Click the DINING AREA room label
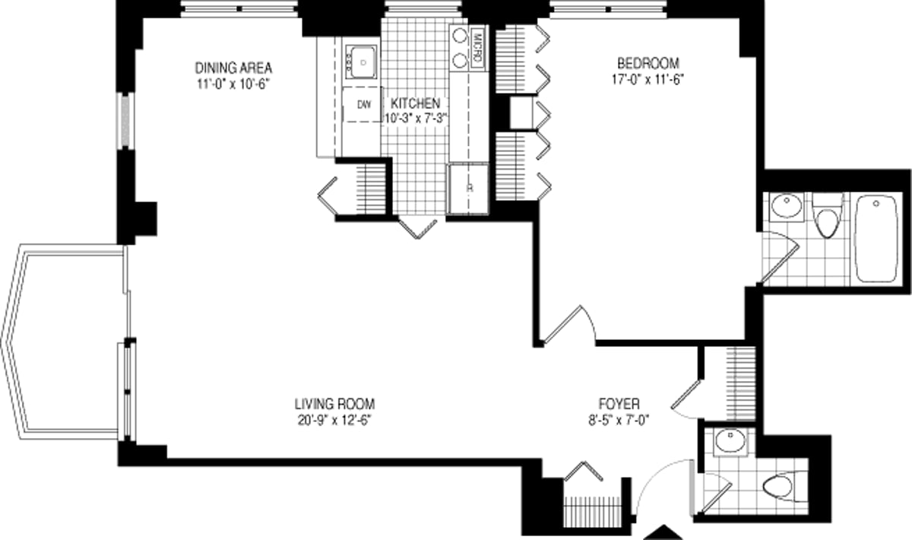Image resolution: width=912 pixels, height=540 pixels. [x=233, y=66]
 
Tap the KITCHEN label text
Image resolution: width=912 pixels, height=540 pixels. [x=415, y=103]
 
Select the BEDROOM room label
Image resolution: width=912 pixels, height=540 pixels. [x=648, y=63]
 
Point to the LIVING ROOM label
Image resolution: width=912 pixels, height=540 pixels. [x=335, y=404]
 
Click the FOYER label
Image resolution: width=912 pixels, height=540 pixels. [x=619, y=404]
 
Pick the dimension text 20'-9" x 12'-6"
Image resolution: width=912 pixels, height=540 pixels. [x=335, y=419]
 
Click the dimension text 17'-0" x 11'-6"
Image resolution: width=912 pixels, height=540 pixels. [x=648, y=78]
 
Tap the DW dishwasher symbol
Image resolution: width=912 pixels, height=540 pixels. [x=364, y=106]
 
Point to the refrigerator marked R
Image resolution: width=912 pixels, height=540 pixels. [x=467, y=189]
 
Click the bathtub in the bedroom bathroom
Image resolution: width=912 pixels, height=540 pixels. [x=878, y=237]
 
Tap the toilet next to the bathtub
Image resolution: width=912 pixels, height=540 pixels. [x=825, y=217]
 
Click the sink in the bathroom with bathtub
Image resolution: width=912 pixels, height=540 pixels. [x=784, y=206]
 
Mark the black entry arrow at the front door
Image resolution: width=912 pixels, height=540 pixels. [x=666, y=532]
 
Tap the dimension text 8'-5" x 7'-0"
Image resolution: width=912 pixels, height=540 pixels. [x=619, y=419]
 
